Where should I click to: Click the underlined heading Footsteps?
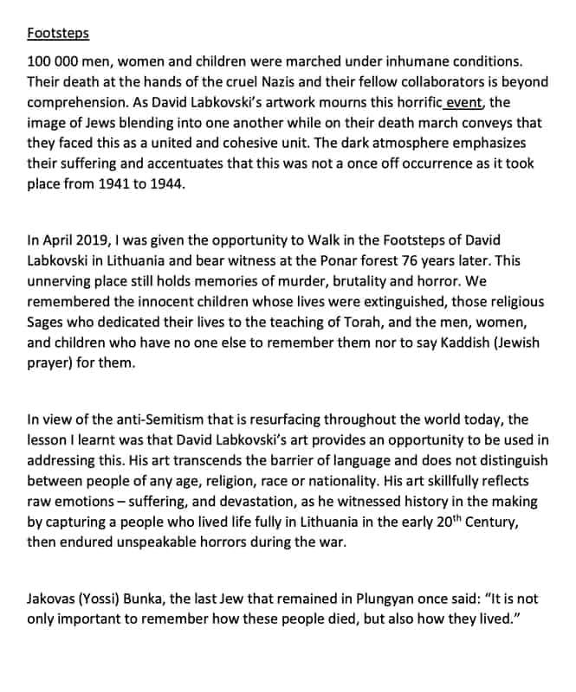[57, 34]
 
